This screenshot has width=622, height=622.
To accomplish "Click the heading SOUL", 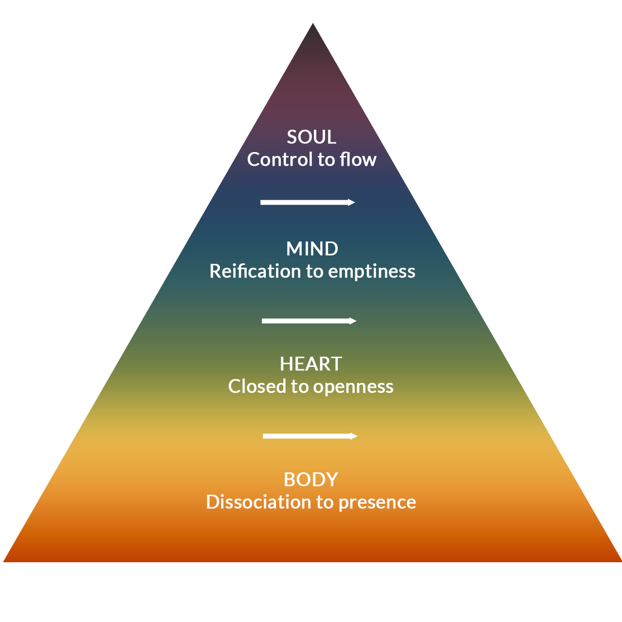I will (x=311, y=137).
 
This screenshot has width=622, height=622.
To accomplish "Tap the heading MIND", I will (x=312, y=249).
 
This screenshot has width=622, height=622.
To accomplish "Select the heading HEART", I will (x=311, y=364).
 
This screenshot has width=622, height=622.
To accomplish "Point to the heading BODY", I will (x=311, y=480).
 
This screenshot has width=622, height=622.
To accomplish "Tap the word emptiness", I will (x=372, y=272).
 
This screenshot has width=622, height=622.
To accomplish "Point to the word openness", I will (x=353, y=387).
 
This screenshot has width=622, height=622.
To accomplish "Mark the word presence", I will (x=377, y=502).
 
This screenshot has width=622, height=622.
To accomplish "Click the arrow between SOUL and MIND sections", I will (x=308, y=202).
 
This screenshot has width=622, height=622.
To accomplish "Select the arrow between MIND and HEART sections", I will (x=309, y=321).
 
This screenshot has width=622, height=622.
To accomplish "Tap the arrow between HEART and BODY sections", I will (x=310, y=436).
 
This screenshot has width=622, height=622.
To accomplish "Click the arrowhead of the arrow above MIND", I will (x=352, y=202).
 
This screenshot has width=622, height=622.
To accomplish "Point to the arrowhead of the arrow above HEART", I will (x=353, y=321).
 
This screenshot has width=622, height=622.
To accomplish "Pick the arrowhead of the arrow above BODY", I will (x=354, y=436).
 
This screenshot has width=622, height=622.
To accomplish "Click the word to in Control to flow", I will (x=326, y=160).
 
